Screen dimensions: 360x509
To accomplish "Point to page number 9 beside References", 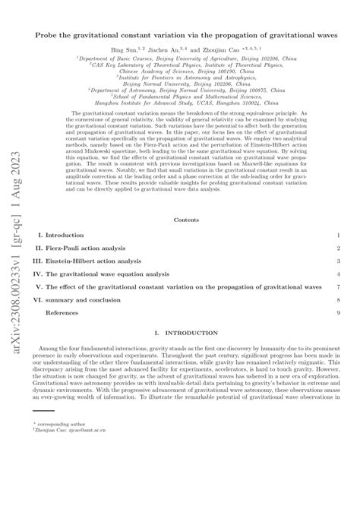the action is click(338, 312).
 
